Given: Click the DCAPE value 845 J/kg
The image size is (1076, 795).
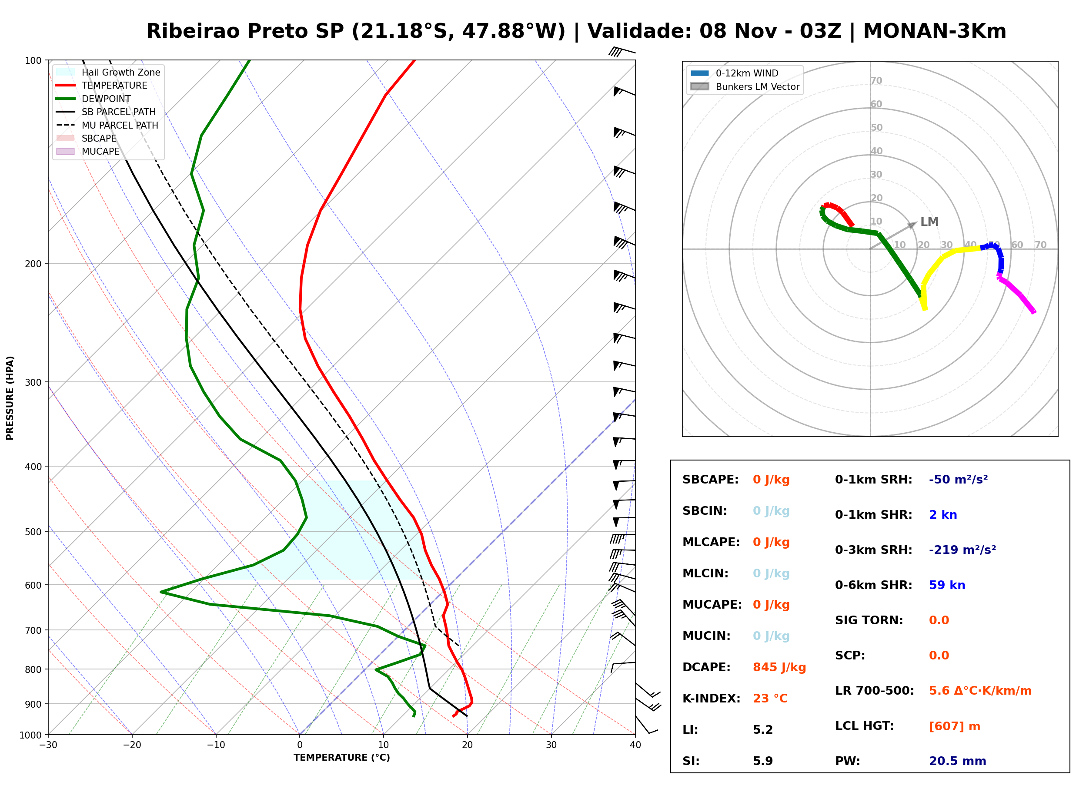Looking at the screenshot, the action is coord(779,667).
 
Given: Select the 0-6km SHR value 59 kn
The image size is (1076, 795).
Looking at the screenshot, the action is coord(947,585).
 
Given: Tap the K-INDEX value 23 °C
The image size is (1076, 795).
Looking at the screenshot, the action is coord(770,699).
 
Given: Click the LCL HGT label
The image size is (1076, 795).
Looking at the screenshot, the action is coord(864,725).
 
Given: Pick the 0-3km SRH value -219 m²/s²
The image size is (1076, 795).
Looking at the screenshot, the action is coord(962,550).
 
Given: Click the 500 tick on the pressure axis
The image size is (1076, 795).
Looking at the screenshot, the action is coord(34,532).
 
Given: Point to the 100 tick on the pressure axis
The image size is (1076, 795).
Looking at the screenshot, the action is coord(34,61).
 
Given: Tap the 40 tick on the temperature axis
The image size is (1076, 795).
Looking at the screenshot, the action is coord(635,745).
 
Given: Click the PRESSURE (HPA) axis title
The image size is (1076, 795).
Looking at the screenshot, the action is coord(10,398).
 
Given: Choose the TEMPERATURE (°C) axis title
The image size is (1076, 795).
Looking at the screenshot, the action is coord(341,758).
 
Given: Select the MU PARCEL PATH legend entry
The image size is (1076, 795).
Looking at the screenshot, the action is coord(107,125).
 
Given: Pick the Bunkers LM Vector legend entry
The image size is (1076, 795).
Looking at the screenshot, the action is coord(745,86).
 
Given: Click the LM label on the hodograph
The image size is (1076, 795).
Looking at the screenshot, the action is coord(929,222).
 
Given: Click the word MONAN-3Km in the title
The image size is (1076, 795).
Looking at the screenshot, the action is coord(934,31).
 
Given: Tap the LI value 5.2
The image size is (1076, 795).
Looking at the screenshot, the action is coord(762,730).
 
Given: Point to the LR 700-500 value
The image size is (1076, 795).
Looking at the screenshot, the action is coord(980,691).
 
